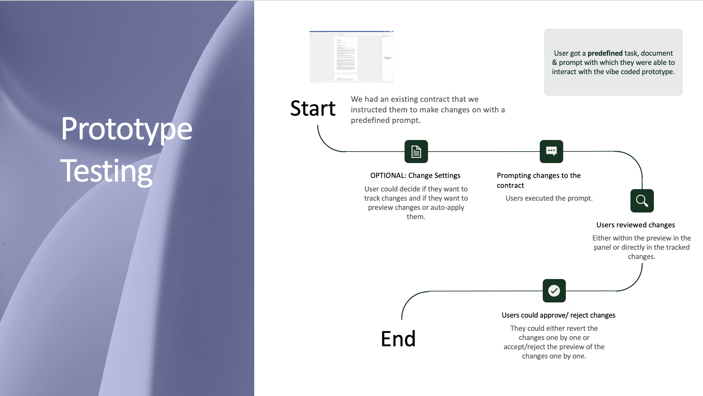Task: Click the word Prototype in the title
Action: click(126, 129)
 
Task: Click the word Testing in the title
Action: click(106, 171)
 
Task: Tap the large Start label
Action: click(313, 108)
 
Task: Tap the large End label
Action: click(398, 339)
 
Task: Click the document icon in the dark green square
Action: click(416, 152)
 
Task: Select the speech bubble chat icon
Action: click(551, 152)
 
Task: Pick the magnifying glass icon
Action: click(642, 201)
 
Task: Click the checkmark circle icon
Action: click(554, 291)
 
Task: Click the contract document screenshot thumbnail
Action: click(351, 56)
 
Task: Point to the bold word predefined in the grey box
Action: click(605, 53)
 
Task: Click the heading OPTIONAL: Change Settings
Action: click(415, 176)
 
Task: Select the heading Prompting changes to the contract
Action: click(538, 180)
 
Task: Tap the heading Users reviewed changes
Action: click(635, 225)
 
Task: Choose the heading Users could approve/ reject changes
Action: click(558, 315)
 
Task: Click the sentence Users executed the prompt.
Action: click(549, 198)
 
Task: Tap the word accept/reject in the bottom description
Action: click(524, 347)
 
